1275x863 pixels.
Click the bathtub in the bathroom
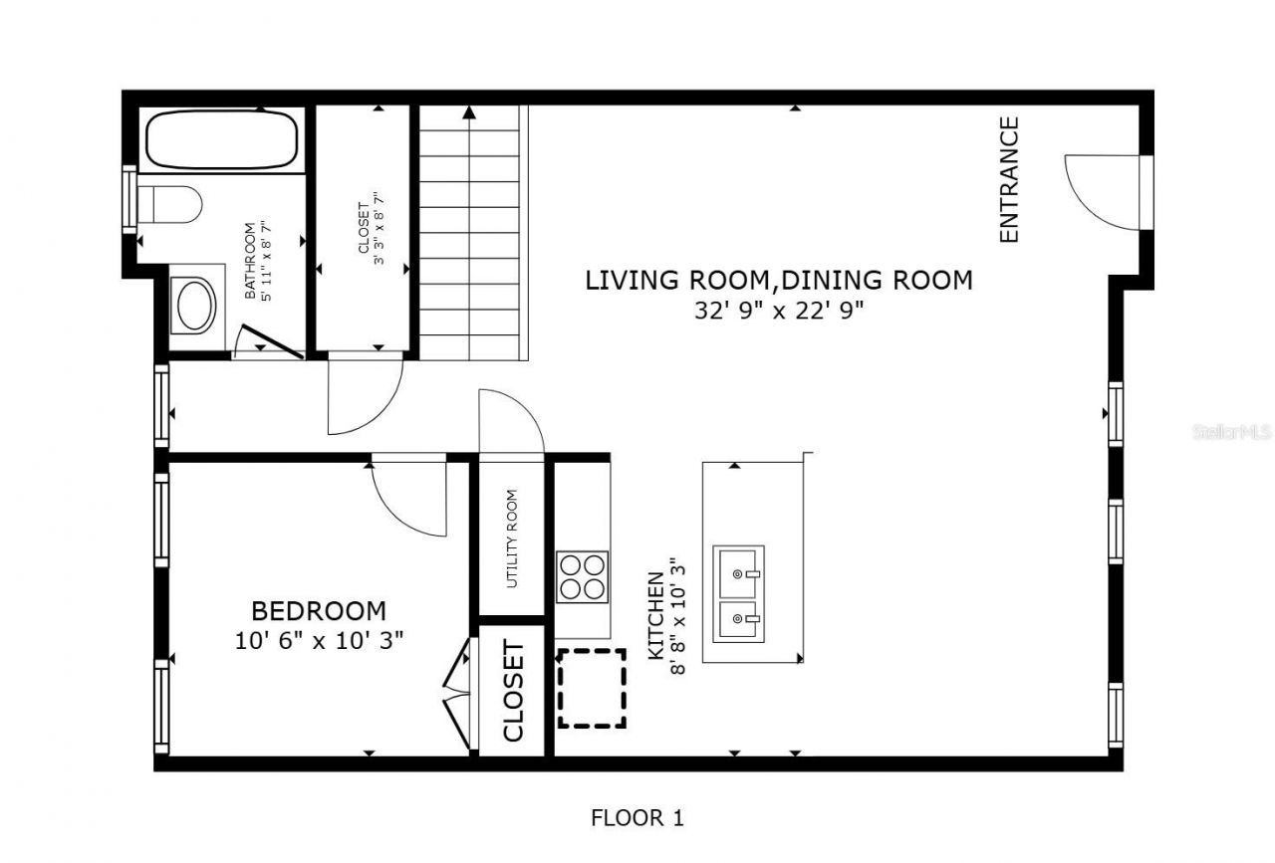[x=223, y=139]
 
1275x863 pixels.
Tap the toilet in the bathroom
[x=170, y=204]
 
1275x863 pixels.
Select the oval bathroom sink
[x=195, y=306]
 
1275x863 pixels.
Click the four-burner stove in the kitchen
[x=582, y=575]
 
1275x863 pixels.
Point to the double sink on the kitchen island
[x=738, y=594]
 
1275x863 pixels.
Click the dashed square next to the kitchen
[x=592, y=688]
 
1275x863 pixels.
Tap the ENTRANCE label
[x=1009, y=179]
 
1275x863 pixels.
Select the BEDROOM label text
[x=318, y=610]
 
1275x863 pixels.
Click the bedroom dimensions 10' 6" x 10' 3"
[x=318, y=640]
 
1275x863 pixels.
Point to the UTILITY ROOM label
[x=512, y=539]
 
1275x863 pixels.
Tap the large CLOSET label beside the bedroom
[x=513, y=691]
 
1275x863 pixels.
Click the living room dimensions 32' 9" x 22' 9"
[x=778, y=310]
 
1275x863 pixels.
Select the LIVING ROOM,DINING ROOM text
[x=778, y=281]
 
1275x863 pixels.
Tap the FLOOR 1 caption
[x=637, y=818]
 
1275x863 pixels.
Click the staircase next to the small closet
[x=469, y=234]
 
